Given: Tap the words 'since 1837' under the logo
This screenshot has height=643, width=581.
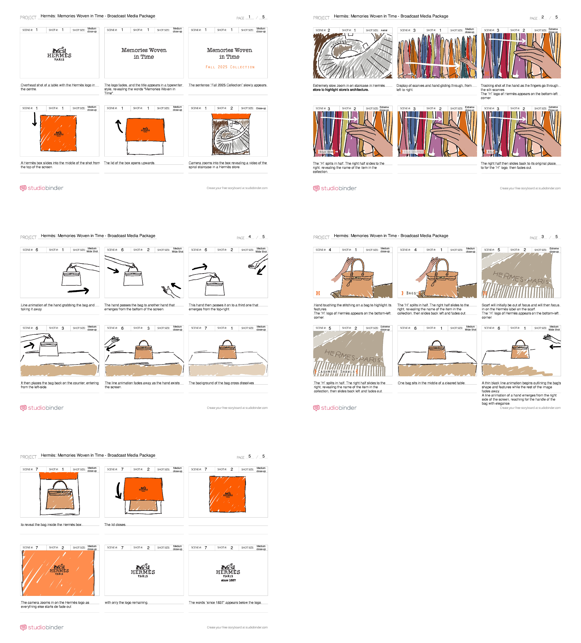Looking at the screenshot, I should click(228, 580).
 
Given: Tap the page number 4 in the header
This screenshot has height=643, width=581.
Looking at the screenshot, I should click(250, 237).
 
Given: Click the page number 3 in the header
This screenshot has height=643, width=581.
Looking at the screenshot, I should click(542, 237).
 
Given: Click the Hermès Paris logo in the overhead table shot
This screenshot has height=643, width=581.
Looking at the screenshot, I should click(59, 54).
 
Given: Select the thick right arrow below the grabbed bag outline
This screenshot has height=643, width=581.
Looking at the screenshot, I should click(78, 291).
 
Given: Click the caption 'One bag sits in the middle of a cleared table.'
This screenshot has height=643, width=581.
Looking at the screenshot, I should click(431, 383).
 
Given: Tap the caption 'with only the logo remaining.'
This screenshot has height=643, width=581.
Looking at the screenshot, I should click(126, 602).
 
